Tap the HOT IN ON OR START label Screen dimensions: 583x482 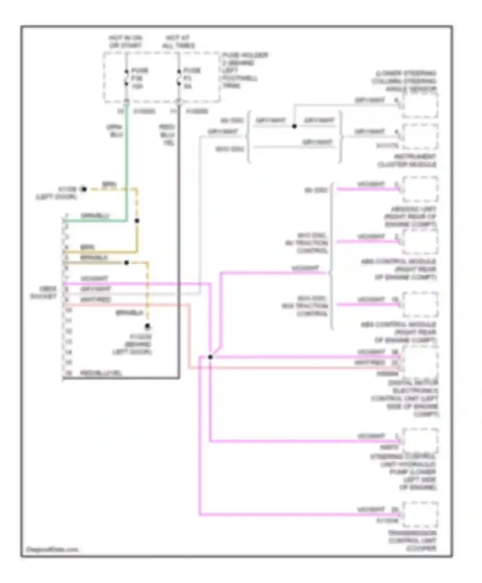(125, 42)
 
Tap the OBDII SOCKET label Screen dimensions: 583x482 (44, 292)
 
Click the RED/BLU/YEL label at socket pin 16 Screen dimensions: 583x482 (101, 373)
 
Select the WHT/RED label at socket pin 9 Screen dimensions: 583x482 (95, 300)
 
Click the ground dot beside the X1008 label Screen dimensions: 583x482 (84, 189)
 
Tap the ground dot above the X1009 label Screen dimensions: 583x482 (147, 327)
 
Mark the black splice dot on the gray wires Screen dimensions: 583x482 (294, 126)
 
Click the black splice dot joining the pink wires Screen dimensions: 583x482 (210, 357)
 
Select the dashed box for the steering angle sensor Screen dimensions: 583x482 (420, 105)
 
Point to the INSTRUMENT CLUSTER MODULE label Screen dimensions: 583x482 (407, 161)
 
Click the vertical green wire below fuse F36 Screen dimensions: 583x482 (127, 161)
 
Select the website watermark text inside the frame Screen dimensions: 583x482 (52, 550)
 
